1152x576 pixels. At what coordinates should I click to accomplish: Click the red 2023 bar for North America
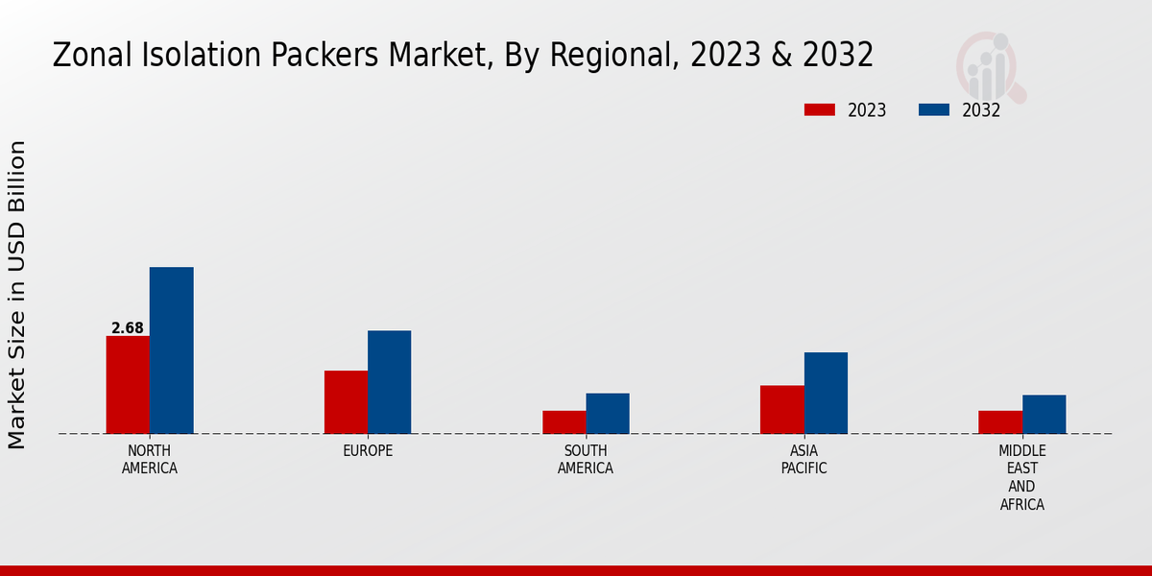click(128, 385)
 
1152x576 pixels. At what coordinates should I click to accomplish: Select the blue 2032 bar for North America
click(171, 350)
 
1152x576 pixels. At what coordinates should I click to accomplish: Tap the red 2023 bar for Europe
click(346, 402)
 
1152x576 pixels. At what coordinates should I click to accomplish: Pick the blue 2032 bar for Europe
click(389, 382)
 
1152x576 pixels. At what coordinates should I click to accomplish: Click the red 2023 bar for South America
click(564, 422)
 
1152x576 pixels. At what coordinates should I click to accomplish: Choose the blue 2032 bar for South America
click(608, 414)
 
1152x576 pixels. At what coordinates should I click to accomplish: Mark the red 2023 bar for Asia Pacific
click(781, 410)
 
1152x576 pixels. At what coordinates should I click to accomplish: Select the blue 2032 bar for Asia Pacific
click(826, 393)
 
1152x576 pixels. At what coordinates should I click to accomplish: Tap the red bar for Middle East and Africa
click(1000, 422)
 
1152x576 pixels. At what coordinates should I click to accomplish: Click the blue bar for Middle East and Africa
click(1044, 415)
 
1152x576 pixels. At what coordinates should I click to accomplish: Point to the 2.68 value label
click(128, 328)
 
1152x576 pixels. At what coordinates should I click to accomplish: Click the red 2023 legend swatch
click(819, 109)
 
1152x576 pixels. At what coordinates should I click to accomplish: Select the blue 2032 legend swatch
click(934, 109)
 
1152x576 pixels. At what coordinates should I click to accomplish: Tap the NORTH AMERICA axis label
click(150, 459)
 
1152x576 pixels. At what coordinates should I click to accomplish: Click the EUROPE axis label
click(368, 450)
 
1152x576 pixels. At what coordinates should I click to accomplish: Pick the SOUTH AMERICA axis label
click(586, 459)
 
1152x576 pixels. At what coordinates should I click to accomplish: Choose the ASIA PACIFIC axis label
click(804, 459)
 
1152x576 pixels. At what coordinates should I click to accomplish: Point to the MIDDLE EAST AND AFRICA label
click(1022, 477)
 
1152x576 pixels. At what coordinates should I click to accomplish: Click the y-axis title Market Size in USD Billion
click(17, 294)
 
